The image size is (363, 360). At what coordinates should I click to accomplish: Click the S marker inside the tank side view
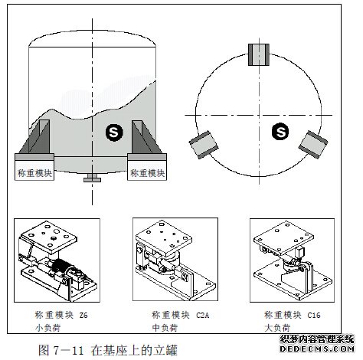point(113,133)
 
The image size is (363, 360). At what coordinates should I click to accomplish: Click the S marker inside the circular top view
point(282,133)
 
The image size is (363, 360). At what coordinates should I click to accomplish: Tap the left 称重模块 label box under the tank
point(35,172)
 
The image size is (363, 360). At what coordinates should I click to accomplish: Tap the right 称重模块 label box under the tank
point(149,172)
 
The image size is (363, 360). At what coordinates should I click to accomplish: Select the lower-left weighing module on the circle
point(203,143)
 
